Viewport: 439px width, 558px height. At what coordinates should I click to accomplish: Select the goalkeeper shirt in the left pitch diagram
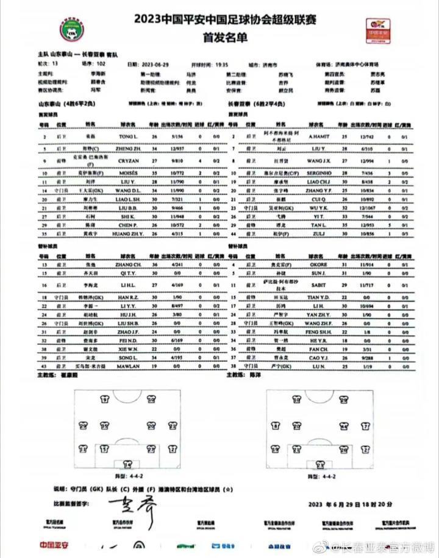click(x=127, y=464)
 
